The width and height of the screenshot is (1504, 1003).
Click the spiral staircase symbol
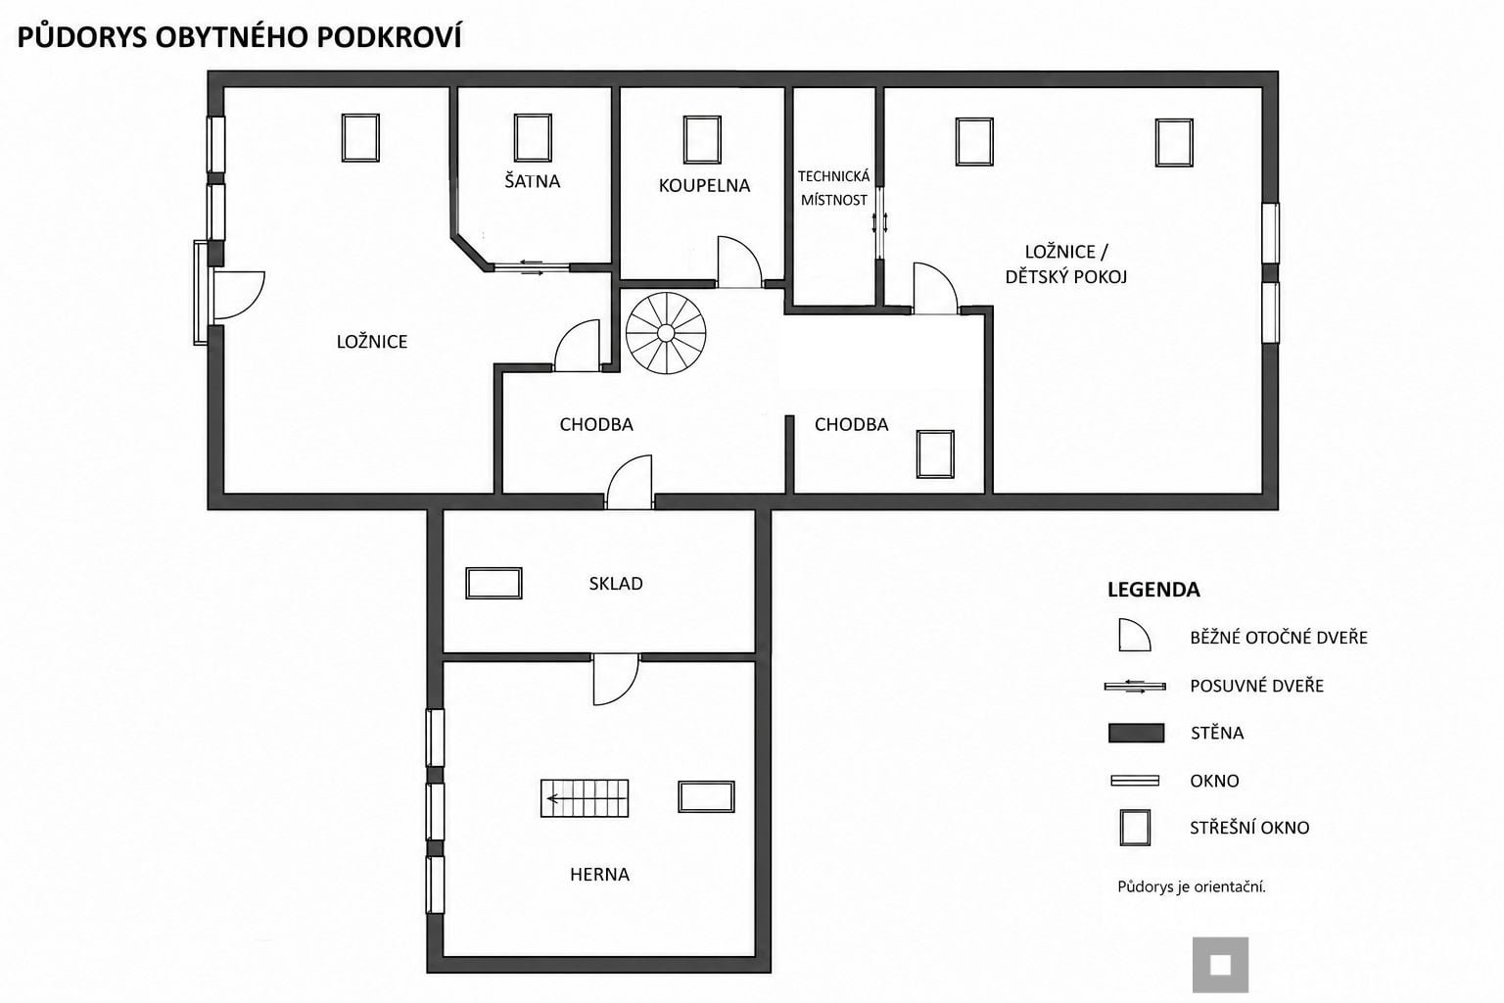tap(666, 333)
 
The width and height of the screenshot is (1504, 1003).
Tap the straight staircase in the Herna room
tap(585, 798)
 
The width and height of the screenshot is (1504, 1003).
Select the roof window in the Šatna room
tap(533, 138)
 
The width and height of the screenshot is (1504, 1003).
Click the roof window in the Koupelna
tap(702, 140)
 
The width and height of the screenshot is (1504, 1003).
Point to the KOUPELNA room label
tap(704, 185)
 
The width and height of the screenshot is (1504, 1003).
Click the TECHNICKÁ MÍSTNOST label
tap(834, 188)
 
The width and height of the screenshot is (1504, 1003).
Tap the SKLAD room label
tap(616, 583)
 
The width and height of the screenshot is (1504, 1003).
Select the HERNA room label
tap(599, 874)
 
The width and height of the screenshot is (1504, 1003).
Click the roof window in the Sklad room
tap(493, 583)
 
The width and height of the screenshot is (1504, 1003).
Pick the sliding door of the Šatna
tap(532, 267)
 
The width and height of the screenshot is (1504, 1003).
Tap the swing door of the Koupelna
tap(739, 263)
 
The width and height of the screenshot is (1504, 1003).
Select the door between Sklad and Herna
tap(616, 679)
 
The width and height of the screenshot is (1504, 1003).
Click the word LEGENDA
tap(1152, 590)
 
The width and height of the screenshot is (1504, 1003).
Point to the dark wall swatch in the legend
tap(1136, 733)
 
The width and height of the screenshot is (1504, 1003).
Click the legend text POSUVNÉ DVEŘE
tap(1256, 686)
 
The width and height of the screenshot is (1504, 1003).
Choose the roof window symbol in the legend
tap(1135, 827)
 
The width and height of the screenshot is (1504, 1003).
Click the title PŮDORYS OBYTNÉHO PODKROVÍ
tap(240, 37)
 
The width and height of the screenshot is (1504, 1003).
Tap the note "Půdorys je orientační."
tap(1191, 886)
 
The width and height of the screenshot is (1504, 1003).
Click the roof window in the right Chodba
tap(935, 454)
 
